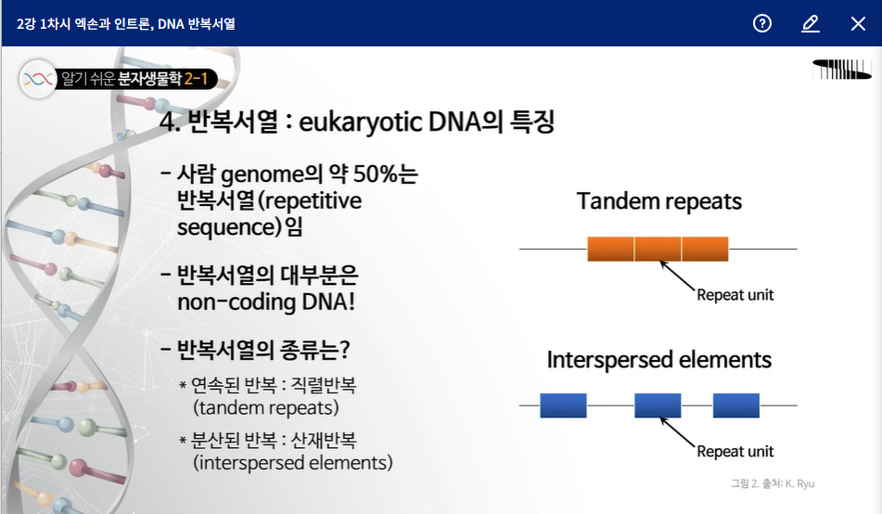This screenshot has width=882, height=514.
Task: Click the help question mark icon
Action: (x=762, y=23)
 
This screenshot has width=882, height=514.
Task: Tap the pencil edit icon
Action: (x=810, y=23)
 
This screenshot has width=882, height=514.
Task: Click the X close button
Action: (x=858, y=23)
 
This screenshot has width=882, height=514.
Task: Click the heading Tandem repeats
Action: (x=658, y=201)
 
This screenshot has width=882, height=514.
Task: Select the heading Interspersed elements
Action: (x=658, y=360)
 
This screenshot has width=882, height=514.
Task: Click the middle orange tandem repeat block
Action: (x=658, y=249)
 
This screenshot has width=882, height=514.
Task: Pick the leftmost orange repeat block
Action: (x=610, y=249)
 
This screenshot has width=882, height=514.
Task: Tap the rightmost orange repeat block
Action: (x=705, y=249)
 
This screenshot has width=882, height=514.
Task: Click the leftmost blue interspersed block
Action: (x=563, y=405)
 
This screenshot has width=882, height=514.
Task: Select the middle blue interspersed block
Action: (x=658, y=405)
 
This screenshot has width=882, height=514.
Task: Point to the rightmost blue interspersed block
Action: (x=736, y=405)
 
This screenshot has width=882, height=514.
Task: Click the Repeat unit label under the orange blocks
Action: (x=735, y=295)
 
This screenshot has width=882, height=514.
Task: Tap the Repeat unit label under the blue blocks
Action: (x=735, y=452)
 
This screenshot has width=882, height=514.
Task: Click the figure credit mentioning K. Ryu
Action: (x=773, y=483)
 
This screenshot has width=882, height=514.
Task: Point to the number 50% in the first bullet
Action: (x=376, y=173)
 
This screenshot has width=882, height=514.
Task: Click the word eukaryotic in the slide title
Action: (x=361, y=122)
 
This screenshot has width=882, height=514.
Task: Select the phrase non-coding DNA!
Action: (x=266, y=302)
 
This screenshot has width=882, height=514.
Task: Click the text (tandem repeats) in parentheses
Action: (x=266, y=407)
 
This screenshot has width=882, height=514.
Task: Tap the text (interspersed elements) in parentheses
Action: (x=293, y=463)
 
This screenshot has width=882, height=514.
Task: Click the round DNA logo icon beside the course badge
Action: (x=38, y=80)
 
